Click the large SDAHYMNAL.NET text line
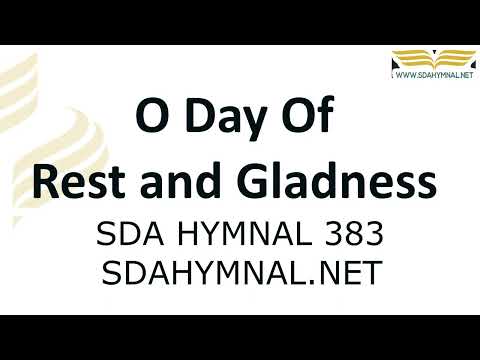click(x=240, y=271)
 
